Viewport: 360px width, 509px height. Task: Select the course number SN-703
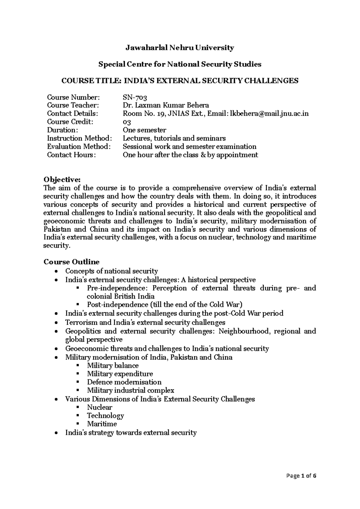135,97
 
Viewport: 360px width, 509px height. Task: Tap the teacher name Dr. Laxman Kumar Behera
166,105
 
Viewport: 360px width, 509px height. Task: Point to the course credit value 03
127,122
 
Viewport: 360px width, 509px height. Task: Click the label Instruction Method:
79,138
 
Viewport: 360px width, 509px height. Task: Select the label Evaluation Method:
79,147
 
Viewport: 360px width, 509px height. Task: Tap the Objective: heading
62,179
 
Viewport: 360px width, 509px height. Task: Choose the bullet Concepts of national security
111,271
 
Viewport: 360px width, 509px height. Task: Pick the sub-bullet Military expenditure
120,374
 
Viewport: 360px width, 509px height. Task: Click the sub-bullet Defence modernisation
124,382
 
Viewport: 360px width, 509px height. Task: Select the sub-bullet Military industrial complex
130,390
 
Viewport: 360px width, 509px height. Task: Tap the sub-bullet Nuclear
99,407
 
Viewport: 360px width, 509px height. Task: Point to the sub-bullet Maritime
102,424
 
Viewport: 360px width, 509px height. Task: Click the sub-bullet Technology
105,416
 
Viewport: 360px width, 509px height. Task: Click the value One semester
144,130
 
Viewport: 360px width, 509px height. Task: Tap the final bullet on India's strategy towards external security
131,433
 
